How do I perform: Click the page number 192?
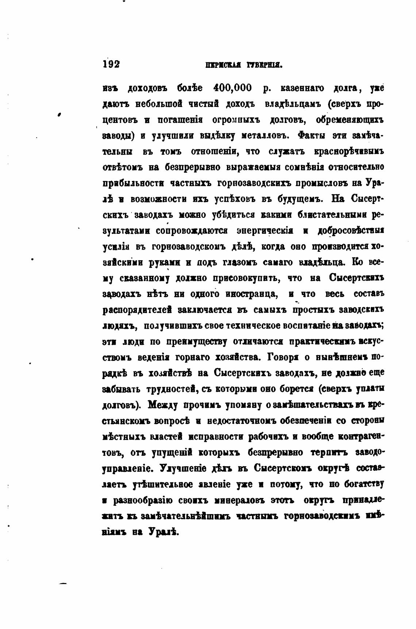(111, 64)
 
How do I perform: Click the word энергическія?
(264, 231)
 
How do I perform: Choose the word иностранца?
(251, 294)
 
